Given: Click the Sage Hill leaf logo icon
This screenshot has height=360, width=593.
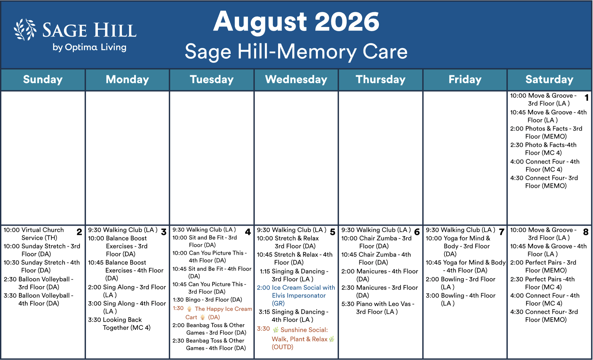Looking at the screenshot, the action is coord(25,30).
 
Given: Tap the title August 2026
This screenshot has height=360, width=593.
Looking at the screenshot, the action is coord(296,22).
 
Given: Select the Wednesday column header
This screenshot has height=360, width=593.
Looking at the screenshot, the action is coord(296,79).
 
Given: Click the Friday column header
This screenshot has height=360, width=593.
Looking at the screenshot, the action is coord(465,79).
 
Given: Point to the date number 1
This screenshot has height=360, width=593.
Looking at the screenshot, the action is coord(586,98).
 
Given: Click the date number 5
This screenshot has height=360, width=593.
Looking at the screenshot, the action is coord(333,232).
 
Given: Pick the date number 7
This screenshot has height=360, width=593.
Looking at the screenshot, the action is coord(502,232).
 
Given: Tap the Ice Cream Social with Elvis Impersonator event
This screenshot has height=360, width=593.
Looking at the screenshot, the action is coord(296,295).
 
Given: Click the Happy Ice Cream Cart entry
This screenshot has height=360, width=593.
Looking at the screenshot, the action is coord(212,313).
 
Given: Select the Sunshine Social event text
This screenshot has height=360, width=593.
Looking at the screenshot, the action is coord(296,338).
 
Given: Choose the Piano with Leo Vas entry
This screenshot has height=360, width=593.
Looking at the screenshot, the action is coord(378,308).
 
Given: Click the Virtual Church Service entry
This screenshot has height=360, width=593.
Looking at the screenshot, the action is coord(34,234).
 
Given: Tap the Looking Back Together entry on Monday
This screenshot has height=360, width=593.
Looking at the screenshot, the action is coord(119,324).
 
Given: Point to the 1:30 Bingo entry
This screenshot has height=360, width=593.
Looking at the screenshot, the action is coord(207,300).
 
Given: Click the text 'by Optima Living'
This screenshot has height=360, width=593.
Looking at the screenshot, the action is coord(90,47).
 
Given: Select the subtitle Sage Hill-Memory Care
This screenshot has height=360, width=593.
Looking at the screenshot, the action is coord(296,52).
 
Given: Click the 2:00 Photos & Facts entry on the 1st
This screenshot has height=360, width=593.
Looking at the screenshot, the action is coord(546,133).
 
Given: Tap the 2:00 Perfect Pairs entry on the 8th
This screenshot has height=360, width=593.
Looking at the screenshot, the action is coord(543,266).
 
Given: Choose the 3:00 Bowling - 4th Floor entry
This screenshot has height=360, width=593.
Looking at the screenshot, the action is coord(460,300).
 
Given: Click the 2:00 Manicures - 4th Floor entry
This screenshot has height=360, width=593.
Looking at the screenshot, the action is coord(380,275).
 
